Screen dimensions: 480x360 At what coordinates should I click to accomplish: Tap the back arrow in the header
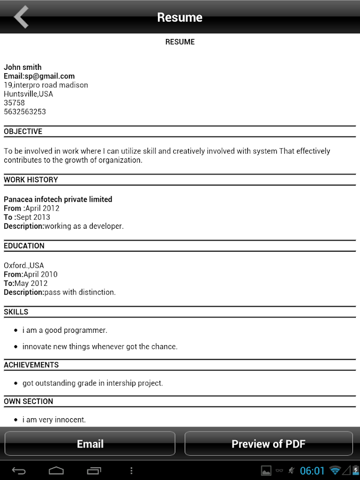(21, 17)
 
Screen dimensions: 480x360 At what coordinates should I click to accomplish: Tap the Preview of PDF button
(268, 444)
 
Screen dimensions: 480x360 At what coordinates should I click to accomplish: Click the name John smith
(22, 67)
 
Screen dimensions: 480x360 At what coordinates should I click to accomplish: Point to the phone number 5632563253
(25, 112)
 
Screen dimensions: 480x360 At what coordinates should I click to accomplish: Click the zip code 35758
(14, 103)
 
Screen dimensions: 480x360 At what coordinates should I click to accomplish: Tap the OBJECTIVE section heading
(23, 132)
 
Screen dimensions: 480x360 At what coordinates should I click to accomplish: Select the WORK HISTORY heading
(31, 180)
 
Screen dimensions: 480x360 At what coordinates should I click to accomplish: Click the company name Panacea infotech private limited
(58, 199)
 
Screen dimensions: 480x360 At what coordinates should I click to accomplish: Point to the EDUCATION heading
(24, 246)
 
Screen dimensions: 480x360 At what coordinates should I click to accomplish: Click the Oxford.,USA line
(24, 266)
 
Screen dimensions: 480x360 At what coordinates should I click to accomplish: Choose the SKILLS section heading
(16, 312)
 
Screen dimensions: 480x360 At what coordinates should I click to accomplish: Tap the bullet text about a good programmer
(65, 330)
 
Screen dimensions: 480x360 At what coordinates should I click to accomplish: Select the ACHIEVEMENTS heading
(31, 365)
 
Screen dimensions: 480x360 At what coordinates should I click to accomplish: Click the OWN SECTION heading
(29, 402)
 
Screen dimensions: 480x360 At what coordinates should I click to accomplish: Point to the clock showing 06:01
(312, 470)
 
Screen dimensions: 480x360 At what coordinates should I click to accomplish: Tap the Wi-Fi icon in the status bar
(335, 470)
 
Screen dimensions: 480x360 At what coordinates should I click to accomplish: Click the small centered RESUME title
(180, 42)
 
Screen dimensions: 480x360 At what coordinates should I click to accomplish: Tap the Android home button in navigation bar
(56, 471)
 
